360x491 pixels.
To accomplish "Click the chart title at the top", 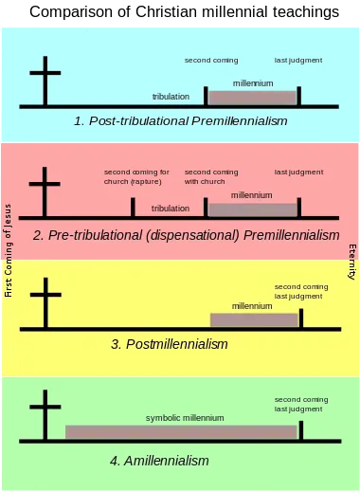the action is point(184,12).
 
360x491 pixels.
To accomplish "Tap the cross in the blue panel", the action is point(45,81).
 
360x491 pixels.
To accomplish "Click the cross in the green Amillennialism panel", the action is point(45,414).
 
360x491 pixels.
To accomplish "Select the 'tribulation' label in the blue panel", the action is point(171,97).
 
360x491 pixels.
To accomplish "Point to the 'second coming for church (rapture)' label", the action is point(136,177).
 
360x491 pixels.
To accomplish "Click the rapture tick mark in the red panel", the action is point(133,208).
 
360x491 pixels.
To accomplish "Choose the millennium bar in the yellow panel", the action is point(254,320).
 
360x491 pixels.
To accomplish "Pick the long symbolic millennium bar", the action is point(181,432).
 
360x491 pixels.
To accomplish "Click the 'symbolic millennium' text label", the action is point(185,418).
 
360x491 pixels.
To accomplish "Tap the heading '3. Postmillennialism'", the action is point(170,344).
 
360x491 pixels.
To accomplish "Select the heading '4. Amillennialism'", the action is point(159,461).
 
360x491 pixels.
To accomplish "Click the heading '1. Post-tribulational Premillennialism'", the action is point(181,121).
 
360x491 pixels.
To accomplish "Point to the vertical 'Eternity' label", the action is point(352,262).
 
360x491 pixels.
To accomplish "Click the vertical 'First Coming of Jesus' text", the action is point(9,250).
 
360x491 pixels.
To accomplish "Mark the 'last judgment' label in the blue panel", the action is point(298,61).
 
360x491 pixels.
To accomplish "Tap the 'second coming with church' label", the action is point(211,177).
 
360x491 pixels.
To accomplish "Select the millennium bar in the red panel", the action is point(253,209).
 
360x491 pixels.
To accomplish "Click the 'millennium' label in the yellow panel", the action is point(252,306).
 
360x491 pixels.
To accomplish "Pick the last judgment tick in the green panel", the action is point(301,430).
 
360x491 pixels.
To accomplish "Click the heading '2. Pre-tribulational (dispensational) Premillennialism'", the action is point(187,235).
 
